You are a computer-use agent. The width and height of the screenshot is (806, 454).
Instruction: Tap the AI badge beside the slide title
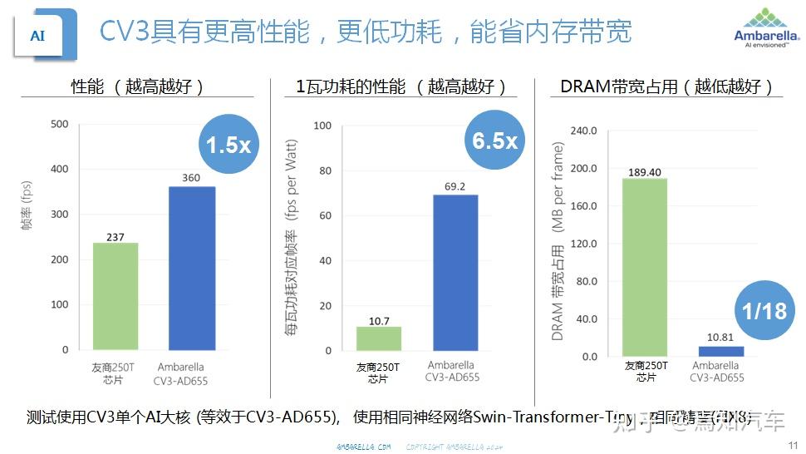coord(37,35)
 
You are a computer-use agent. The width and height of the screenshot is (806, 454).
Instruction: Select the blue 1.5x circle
coord(228,145)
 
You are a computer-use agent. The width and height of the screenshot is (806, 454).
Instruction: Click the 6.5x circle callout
coord(494,141)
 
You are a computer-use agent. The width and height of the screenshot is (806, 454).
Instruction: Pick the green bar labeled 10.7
coord(378,338)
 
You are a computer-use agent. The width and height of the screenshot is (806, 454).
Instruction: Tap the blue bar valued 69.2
coord(455,273)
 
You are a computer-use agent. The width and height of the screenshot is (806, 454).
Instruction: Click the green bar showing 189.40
coord(645,267)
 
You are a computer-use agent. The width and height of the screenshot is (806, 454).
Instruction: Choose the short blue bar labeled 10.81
coord(721,351)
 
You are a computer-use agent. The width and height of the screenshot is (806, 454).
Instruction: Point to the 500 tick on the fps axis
coord(60,125)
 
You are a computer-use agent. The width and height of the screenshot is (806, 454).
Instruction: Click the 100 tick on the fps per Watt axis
coord(322,126)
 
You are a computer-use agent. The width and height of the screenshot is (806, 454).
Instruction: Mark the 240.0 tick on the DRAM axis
coord(582,131)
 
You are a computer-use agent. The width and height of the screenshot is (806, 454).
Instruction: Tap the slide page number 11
coord(792,446)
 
